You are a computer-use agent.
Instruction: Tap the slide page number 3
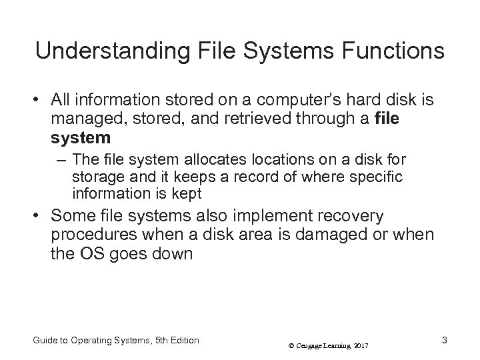coord(444,340)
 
